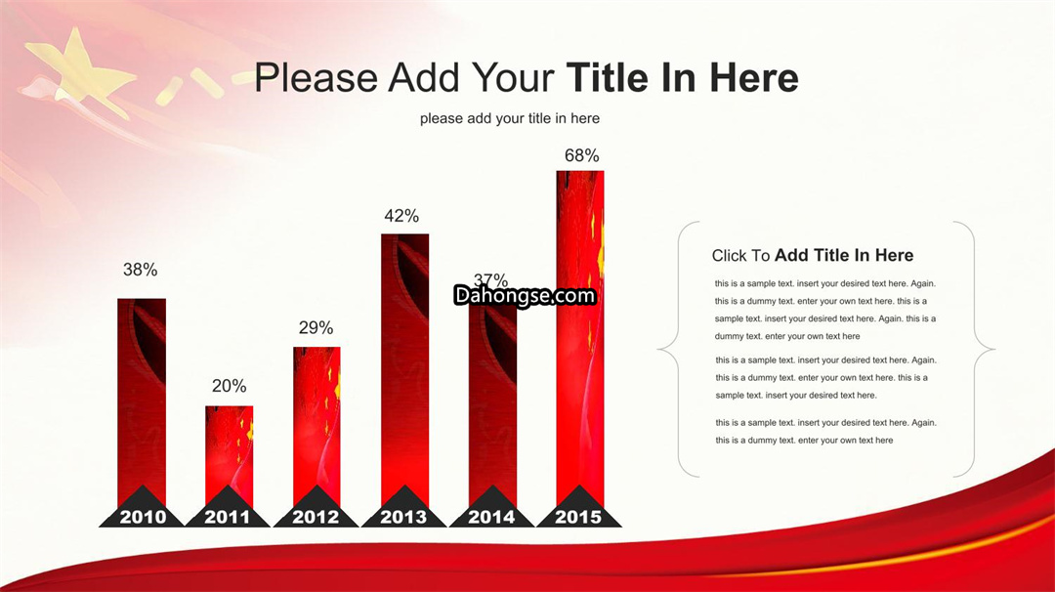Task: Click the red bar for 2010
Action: pyautogui.click(x=142, y=402)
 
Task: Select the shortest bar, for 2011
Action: pyautogui.click(x=230, y=456)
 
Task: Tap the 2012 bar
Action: pyautogui.click(x=316, y=427)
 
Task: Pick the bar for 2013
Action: pyautogui.click(x=405, y=370)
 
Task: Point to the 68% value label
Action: pyautogui.click(x=581, y=155)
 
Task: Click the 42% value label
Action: pyautogui.click(x=401, y=215)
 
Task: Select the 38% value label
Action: pyautogui.click(x=140, y=269)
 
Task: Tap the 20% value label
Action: pyautogui.click(x=229, y=386)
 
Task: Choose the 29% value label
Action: pyautogui.click(x=316, y=327)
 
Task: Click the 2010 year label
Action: pyautogui.click(x=142, y=517)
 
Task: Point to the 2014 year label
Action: pyautogui.click(x=491, y=517)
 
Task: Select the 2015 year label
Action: pyautogui.click(x=578, y=517)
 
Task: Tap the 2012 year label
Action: pyautogui.click(x=316, y=517)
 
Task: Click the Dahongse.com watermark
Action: pyautogui.click(x=525, y=295)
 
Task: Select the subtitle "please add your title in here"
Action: pyautogui.click(x=509, y=118)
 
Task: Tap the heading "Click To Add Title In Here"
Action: pyautogui.click(x=812, y=255)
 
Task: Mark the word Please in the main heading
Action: pyautogui.click(x=316, y=77)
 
